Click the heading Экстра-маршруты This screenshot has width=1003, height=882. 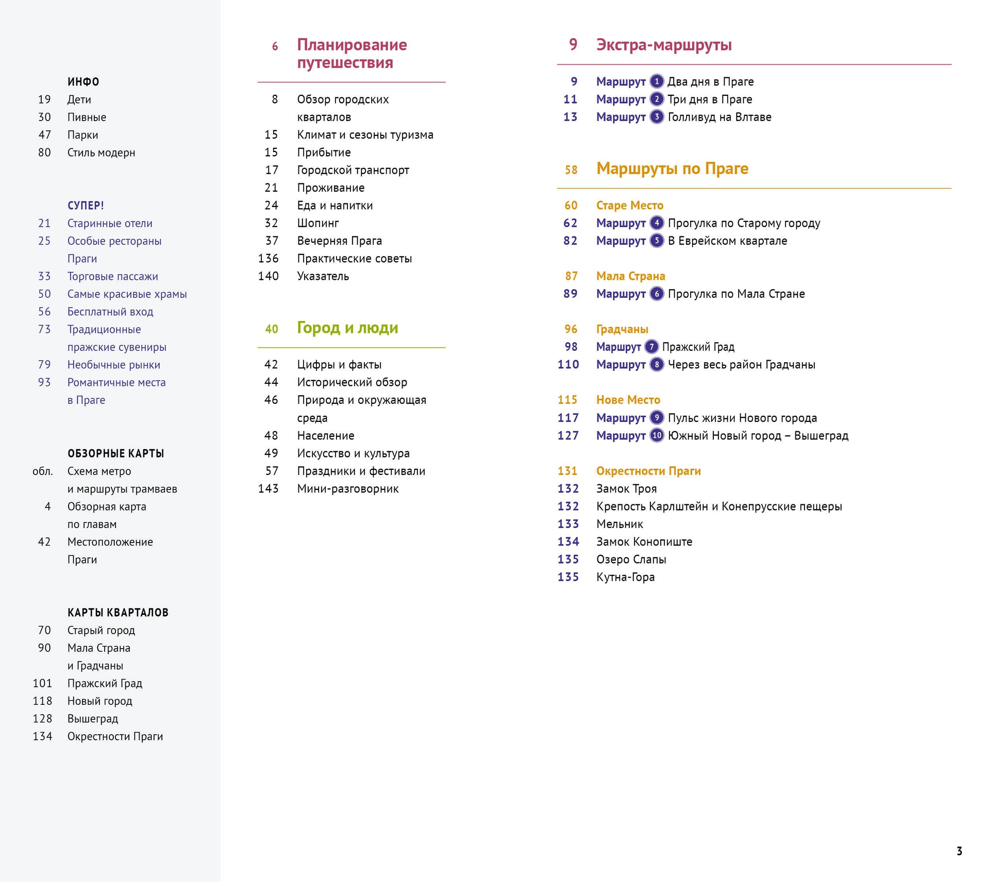[x=663, y=45]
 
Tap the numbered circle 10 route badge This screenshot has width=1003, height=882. [x=657, y=435]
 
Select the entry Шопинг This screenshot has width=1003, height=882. [x=317, y=223]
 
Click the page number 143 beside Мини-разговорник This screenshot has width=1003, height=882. [x=268, y=488]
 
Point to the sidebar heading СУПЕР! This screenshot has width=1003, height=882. [x=86, y=206]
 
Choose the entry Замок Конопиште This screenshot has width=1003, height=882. [x=644, y=541]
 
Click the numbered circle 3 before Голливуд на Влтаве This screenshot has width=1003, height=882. [x=657, y=117]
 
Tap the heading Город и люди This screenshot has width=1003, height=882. [x=347, y=328]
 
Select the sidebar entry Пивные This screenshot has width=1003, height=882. [x=87, y=117]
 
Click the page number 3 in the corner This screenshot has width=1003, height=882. [x=959, y=851]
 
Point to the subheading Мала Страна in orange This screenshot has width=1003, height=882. [x=630, y=276]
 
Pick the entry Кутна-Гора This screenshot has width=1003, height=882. [x=625, y=577]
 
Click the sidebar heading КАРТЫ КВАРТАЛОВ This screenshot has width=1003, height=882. [x=118, y=613]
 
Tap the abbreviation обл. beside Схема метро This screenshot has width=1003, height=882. [x=43, y=471]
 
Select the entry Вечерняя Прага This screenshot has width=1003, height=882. [x=339, y=241]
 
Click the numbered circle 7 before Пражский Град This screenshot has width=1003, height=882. [x=651, y=347]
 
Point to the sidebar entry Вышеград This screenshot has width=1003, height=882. [x=93, y=719]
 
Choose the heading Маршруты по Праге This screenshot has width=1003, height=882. [x=672, y=168]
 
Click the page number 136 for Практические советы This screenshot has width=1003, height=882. [x=268, y=259]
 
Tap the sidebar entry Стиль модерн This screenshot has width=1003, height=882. [x=101, y=152]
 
